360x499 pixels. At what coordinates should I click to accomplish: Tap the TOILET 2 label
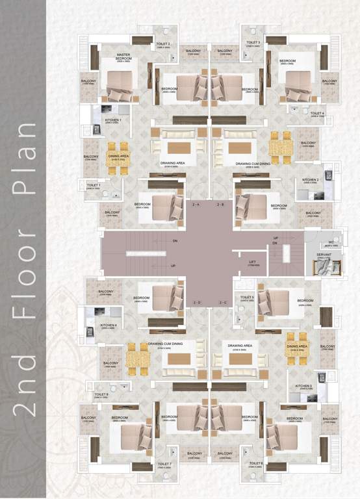pos(164,44)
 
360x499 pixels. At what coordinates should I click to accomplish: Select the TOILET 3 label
pos(253,44)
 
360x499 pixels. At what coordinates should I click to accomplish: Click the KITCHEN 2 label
pos(311,179)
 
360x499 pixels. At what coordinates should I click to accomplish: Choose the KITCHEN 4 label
pos(109,325)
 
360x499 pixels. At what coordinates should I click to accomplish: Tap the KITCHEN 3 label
pos(304,386)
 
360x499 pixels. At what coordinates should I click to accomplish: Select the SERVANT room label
pos(324,255)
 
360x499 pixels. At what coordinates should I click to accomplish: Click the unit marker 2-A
pos(196,204)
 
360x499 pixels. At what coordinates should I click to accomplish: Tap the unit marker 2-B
pos(221,204)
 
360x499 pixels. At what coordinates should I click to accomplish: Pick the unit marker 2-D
pos(196,303)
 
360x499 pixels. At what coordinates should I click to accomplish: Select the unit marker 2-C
pos(222,303)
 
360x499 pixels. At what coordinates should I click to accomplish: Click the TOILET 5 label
pos(247,298)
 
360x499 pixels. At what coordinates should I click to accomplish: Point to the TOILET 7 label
pos(164,464)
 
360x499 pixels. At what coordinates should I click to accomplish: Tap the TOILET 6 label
pos(254,464)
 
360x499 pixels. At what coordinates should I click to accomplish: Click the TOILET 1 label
pos(95,185)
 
